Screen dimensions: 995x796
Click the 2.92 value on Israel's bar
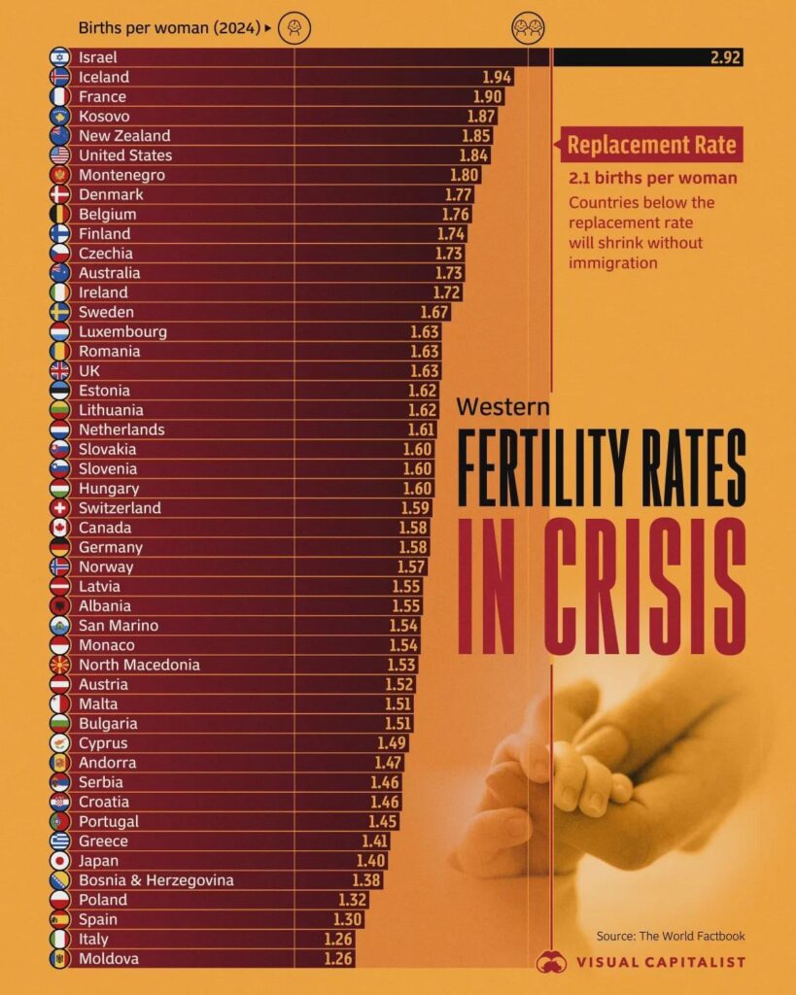(x=725, y=57)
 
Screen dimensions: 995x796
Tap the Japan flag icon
(x=59, y=861)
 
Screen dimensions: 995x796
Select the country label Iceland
(x=104, y=77)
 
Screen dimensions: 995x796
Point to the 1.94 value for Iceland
(x=497, y=77)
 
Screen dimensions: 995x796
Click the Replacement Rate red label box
(x=650, y=146)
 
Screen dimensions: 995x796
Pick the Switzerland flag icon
(x=59, y=508)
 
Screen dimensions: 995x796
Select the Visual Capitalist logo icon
(x=551, y=961)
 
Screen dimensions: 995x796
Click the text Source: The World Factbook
(x=671, y=936)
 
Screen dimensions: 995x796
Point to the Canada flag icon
(x=59, y=528)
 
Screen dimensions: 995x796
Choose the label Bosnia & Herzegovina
(x=156, y=880)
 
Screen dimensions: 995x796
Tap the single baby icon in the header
(x=294, y=29)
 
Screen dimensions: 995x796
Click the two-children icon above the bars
(x=527, y=29)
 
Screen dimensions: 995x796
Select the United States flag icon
(x=59, y=155)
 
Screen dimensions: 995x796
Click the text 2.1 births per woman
(x=652, y=178)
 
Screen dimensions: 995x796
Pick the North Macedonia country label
(x=139, y=665)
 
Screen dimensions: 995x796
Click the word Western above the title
(x=502, y=406)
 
